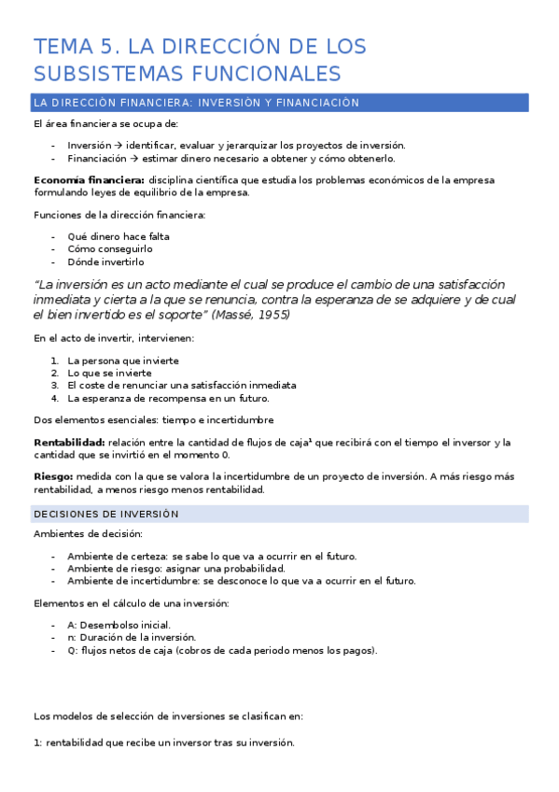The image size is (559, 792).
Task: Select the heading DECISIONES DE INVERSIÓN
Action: (106, 514)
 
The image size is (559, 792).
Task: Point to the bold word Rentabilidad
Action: (69, 442)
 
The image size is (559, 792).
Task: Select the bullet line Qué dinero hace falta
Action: (118, 236)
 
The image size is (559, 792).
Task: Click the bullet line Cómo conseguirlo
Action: (110, 249)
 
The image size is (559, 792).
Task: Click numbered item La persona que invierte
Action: (123, 361)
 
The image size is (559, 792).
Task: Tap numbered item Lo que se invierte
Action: (109, 373)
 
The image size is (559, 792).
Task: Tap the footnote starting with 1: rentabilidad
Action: (163, 742)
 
